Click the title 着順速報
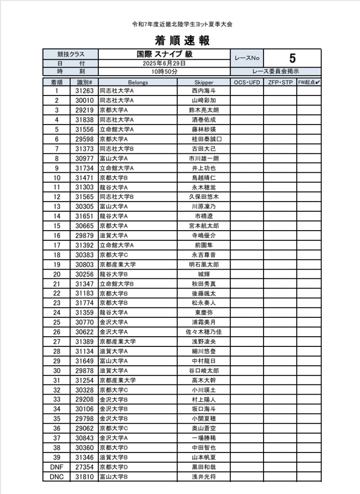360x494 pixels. pos(182,41)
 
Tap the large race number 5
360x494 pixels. pos(292,58)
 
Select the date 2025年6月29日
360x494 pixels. pos(164,63)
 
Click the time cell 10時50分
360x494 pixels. pos(164,71)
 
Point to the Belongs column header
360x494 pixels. pos(138,82)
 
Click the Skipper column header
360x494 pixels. pos(204,82)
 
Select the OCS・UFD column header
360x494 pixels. pos(247,82)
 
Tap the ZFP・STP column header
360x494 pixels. pos(280,82)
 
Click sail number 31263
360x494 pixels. pos(84,91)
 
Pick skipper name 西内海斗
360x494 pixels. pos(204,91)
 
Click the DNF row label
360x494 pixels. pos(56,467)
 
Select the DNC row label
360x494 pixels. pos(56,477)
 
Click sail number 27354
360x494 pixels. pos(84,467)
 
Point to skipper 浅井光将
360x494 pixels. pos(204,477)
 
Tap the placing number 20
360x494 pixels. pos(56,274)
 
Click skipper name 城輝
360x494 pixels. pos(204,274)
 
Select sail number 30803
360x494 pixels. pos(84,264)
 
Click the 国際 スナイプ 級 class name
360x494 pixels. pos(164,55)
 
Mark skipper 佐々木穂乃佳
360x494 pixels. pos(204,332)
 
